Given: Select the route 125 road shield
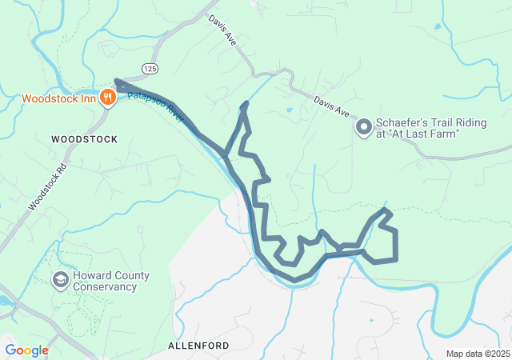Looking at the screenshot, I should point(150,70).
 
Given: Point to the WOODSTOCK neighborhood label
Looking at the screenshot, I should point(84,139).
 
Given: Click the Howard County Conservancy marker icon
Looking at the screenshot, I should point(60,280).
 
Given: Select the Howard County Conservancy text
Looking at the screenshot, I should point(112,281).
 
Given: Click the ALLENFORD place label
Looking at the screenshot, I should point(198,346).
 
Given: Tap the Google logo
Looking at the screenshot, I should point(26,350).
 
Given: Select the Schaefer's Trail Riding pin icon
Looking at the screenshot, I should point(364,127).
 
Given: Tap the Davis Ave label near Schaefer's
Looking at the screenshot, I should point(331,108).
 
